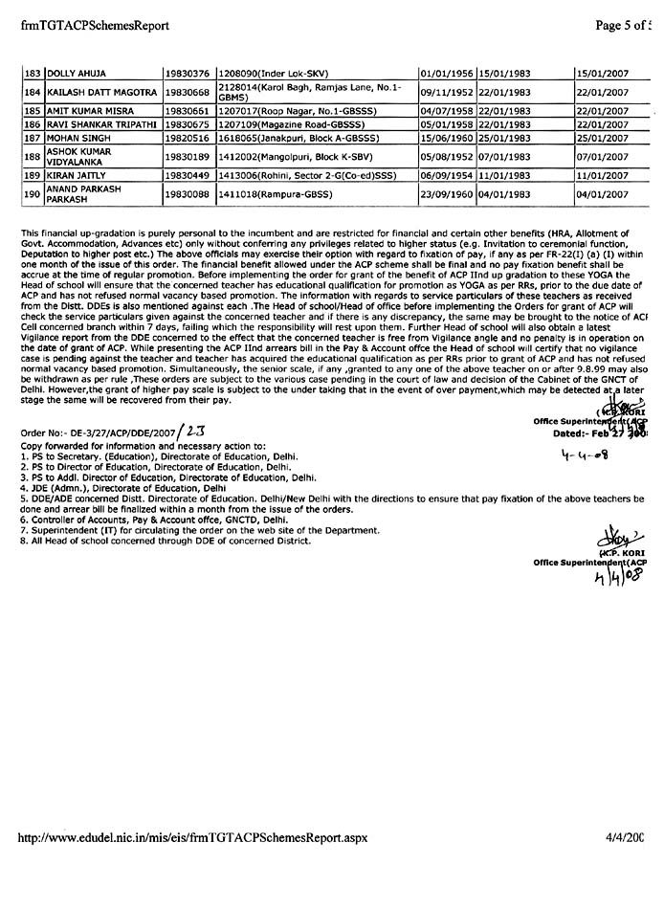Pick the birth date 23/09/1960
click(448, 195)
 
